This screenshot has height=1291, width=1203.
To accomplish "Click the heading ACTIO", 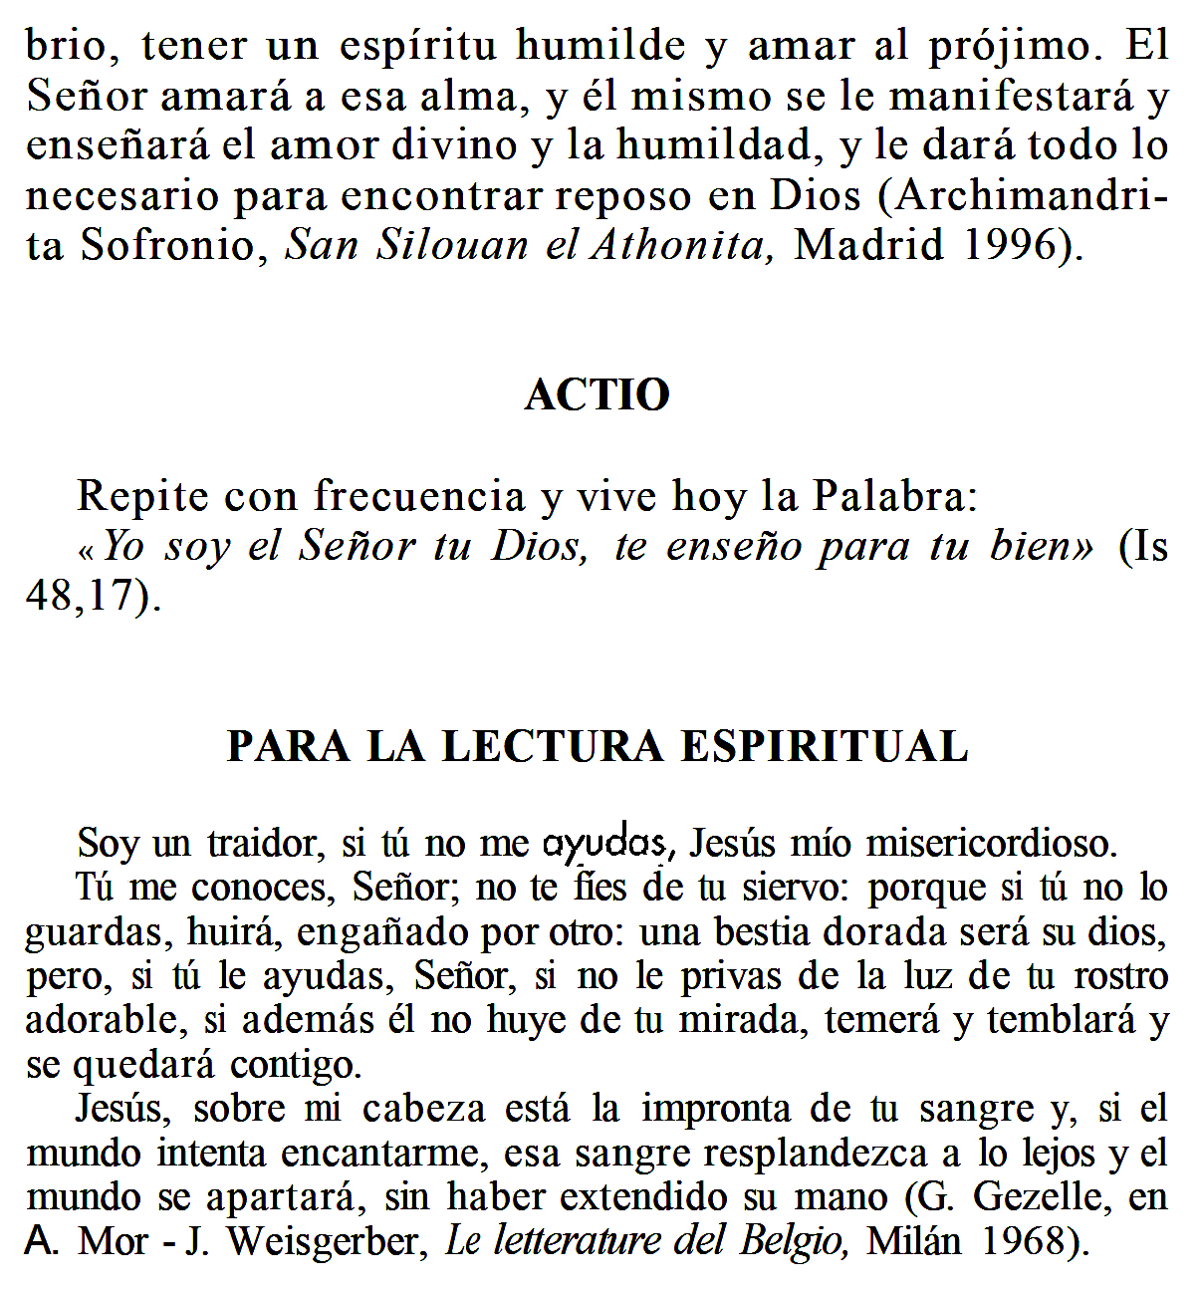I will click(598, 395).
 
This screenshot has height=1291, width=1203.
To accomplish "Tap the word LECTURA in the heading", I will click(553, 747).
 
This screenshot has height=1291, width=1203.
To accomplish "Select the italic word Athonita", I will click(683, 245).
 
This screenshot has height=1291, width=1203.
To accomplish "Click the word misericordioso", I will click(991, 844).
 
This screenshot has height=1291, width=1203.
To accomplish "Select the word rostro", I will click(1120, 976).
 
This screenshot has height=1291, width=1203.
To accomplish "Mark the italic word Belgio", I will click(794, 1241).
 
